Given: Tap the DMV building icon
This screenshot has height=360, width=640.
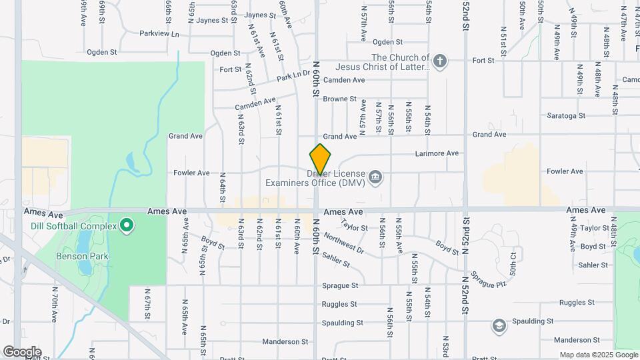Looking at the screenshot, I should coord(375,177).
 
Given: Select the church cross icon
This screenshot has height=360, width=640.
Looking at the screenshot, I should coord(439,62).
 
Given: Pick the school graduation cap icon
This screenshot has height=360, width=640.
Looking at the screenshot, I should coord(499,326).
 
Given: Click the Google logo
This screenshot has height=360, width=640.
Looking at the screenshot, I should coord(22,352).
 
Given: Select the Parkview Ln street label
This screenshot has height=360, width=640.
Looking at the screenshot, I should coord(159,33).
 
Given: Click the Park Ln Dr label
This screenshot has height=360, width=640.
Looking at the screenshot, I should coord(294,77).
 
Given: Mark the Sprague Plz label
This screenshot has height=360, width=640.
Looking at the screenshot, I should coord(489,279).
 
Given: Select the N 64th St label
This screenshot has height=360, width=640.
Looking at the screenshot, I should coord(223,187).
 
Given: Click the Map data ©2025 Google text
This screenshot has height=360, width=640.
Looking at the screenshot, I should coord(597,355).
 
